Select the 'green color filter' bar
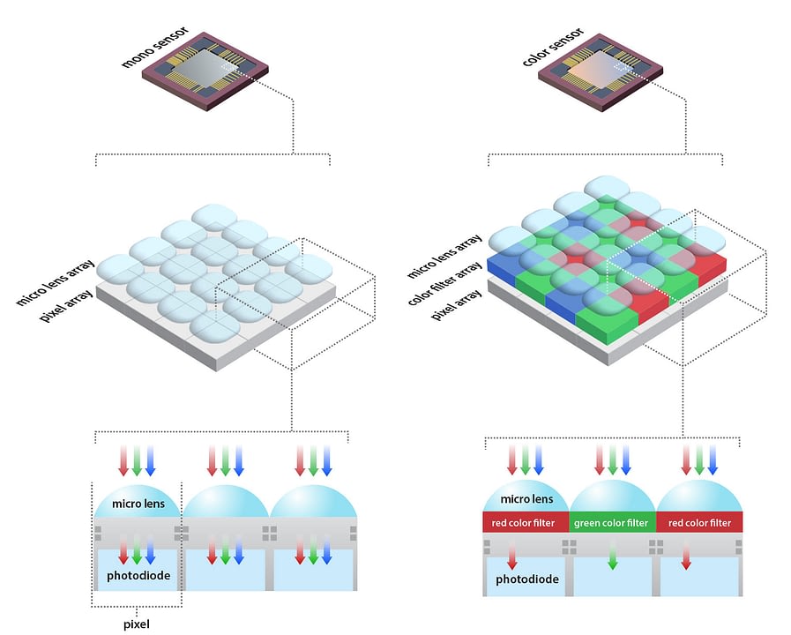611,523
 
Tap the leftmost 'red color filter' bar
526,523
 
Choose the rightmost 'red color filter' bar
699,523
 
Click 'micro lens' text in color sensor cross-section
526,499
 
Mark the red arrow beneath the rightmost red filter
686,557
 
